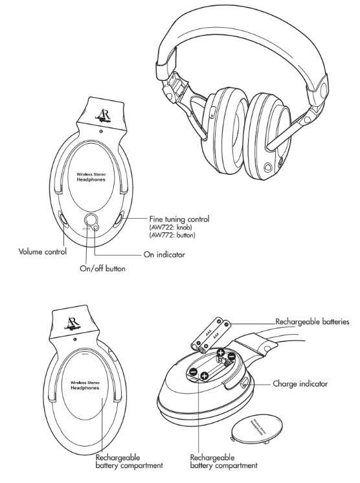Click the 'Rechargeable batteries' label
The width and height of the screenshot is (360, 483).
click(x=313, y=321)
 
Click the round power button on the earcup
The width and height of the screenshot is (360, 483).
click(x=89, y=220)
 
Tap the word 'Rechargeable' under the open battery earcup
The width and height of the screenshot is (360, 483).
click(x=211, y=455)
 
